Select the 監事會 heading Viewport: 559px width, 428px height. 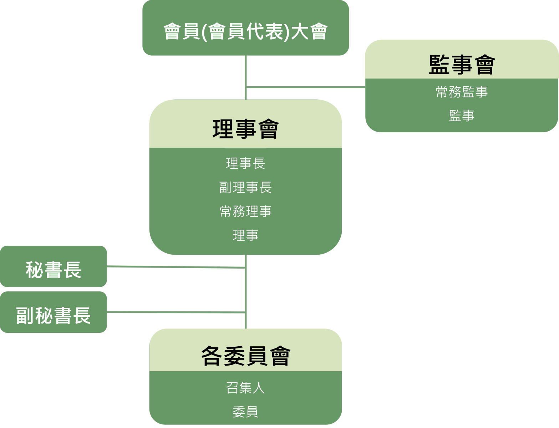coord(462,65)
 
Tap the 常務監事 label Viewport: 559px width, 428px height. coord(462,92)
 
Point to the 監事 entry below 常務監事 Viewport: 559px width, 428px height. coord(462,116)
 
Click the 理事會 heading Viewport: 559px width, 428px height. coord(245,129)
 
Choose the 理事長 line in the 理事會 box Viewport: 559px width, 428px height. coord(245,163)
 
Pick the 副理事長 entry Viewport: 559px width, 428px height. coord(245,187)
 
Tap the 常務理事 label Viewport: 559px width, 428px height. coord(245,211)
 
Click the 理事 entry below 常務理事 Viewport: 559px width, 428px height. coord(245,235)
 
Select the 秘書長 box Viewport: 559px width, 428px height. coord(54,269)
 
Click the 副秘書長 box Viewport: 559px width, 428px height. coord(54,315)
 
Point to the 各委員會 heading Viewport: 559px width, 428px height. coord(245,356)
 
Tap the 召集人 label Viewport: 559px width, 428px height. coord(245,388)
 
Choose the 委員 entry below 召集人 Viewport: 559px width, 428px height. coord(245,412)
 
